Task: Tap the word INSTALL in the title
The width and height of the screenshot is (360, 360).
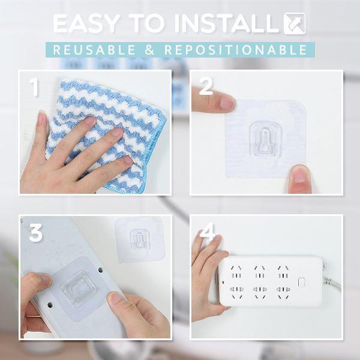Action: coord(227,23)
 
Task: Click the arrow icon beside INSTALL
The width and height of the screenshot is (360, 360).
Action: coord(295,23)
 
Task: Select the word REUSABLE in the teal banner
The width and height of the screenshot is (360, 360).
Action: coord(94,50)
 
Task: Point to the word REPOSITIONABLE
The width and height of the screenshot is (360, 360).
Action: coord(236,50)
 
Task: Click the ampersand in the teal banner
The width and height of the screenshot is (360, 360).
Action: coord(149,50)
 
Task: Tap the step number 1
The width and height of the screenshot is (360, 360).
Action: coord(34,87)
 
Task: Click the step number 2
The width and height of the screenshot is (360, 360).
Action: coord(206,86)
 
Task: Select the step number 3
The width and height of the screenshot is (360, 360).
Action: coord(36,233)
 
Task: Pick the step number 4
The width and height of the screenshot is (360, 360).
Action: coord(208,232)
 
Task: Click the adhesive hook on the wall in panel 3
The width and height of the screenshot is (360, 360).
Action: coord(140,239)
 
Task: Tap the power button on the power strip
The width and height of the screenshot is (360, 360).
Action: coord(301,283)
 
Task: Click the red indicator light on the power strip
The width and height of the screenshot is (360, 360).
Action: coord(223,283)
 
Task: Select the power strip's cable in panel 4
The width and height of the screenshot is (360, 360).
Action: coord(332,283)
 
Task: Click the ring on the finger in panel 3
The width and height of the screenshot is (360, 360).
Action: coord(34,316)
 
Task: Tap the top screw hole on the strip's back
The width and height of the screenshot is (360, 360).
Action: coord(100,270)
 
